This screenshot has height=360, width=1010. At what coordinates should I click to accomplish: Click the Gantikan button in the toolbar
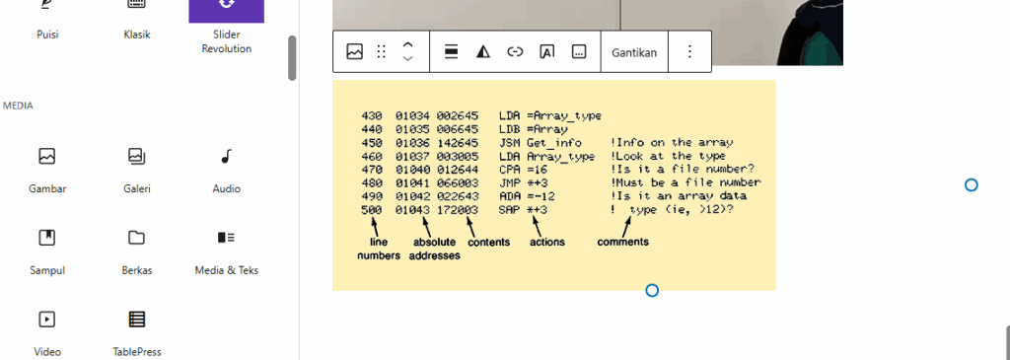coord(634,52)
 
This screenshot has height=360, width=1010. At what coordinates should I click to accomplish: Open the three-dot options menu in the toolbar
coord(689,51)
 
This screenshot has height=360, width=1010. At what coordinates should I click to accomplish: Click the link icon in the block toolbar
coord(515,52)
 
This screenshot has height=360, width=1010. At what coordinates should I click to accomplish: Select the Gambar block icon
coord(47,156)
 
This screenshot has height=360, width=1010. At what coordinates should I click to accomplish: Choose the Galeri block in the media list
coord(136,156)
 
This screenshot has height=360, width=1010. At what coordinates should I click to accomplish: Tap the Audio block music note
coord(226,156)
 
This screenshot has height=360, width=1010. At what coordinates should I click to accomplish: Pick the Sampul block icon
coord(47,238)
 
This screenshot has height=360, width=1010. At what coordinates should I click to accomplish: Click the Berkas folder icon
coord(136,238)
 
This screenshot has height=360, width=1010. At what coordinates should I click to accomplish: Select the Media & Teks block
coord(226,238)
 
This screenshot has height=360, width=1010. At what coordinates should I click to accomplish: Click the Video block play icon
coord(47,319)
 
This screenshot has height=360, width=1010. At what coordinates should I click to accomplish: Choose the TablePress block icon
coord(136,319)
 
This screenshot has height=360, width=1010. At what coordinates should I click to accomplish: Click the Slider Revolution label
coord(226,41)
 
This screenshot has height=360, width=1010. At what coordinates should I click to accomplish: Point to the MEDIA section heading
coord(18,106)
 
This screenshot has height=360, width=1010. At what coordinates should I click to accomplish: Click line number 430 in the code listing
coord(372,116)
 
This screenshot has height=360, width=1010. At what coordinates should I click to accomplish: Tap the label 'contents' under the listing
coord(489,243)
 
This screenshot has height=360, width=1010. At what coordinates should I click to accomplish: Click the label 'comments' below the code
coord(623,243)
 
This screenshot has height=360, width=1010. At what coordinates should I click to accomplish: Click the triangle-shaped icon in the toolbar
coord(483,52)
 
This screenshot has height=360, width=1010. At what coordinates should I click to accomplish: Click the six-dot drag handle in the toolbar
coord(382,52)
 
